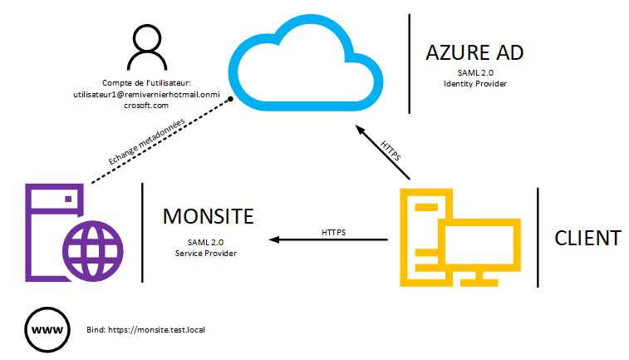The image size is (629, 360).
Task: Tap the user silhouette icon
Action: point(146,47)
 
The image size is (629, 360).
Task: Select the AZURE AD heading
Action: point(474,53)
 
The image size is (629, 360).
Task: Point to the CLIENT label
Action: point(587,238)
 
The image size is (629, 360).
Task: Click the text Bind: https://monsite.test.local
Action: point(145,329)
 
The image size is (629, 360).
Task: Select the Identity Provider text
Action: point(474,84)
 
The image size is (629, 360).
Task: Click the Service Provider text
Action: point(207,253)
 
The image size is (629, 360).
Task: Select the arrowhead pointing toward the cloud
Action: point(359,129)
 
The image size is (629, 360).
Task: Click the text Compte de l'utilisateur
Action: point(147,83)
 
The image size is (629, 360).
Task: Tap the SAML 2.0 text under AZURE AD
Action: point(474,73)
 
